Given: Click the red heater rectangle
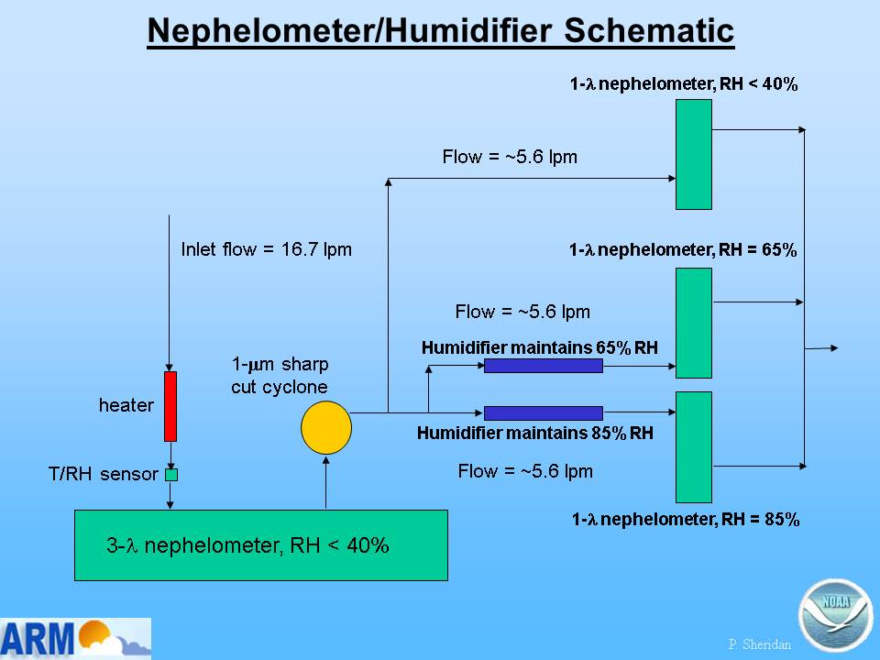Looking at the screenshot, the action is tap(170, 406).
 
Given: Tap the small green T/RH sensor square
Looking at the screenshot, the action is tap(171, 475).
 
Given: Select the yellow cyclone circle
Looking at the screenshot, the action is tap(326, 428).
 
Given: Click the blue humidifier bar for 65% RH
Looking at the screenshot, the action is tap(544, 366).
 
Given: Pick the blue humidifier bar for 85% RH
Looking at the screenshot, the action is tap(544, 413).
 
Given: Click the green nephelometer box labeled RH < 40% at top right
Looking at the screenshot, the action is tap(694, 154).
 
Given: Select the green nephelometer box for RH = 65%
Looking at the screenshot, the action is tap(694, 324).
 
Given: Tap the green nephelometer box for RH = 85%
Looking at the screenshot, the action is tap(694, 447).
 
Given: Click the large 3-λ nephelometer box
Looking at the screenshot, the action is tap(261, 544).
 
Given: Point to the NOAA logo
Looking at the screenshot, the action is tap(836, 615).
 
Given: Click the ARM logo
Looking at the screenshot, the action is tap(75, 638).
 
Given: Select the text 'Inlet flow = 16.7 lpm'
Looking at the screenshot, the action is tap(266, 249).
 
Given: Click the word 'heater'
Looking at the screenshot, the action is tap(126, 404).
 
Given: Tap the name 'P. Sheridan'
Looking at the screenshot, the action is tap(759, 644).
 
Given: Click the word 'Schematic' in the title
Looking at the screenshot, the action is tap(649, 30).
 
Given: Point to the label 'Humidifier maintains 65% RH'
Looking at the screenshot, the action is tap(539, 347).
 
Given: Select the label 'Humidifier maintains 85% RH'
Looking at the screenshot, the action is tap(534, 433).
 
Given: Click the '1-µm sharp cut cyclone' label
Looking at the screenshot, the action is tap(280, 375).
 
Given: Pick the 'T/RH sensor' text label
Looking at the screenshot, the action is tap(104, 474).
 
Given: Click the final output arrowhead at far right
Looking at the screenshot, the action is tap(834, 348).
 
